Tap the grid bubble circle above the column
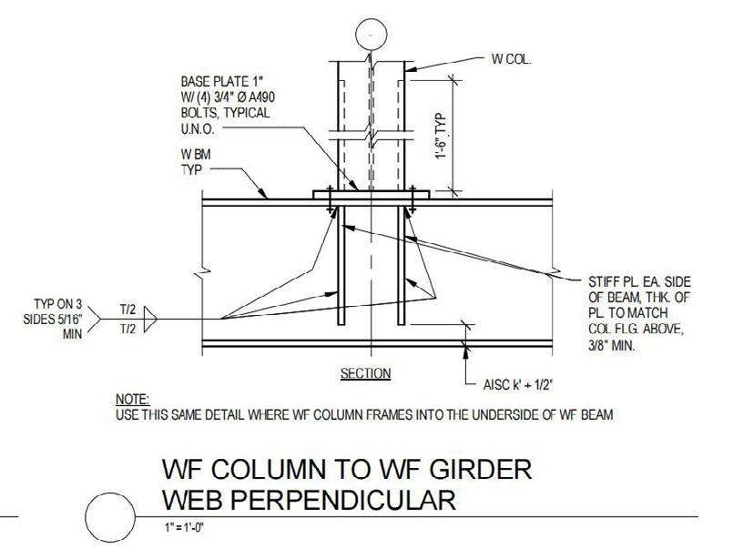[x=370, y=34]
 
